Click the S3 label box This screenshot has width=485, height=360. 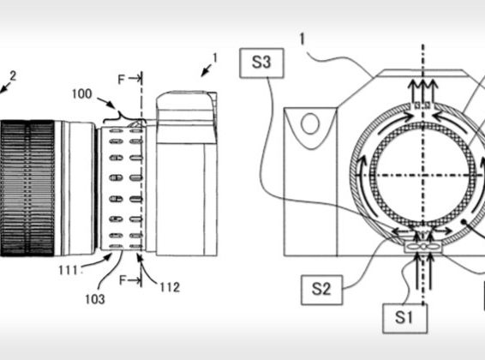261,63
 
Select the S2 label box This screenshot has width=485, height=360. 321,290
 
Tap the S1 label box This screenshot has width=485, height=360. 405,318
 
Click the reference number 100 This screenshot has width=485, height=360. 82,94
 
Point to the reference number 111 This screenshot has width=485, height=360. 68,271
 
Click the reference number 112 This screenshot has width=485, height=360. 170,287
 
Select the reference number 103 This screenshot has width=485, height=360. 95,299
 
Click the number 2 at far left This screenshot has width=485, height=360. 13,75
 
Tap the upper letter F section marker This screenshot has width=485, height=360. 122,80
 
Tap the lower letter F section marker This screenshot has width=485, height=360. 123,280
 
